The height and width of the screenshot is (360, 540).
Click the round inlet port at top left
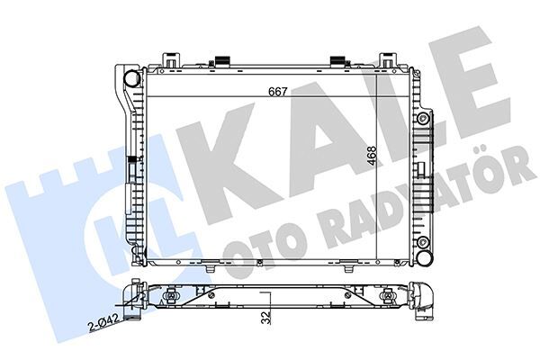click(132, 77)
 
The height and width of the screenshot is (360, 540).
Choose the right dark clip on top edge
click(339, 62)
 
